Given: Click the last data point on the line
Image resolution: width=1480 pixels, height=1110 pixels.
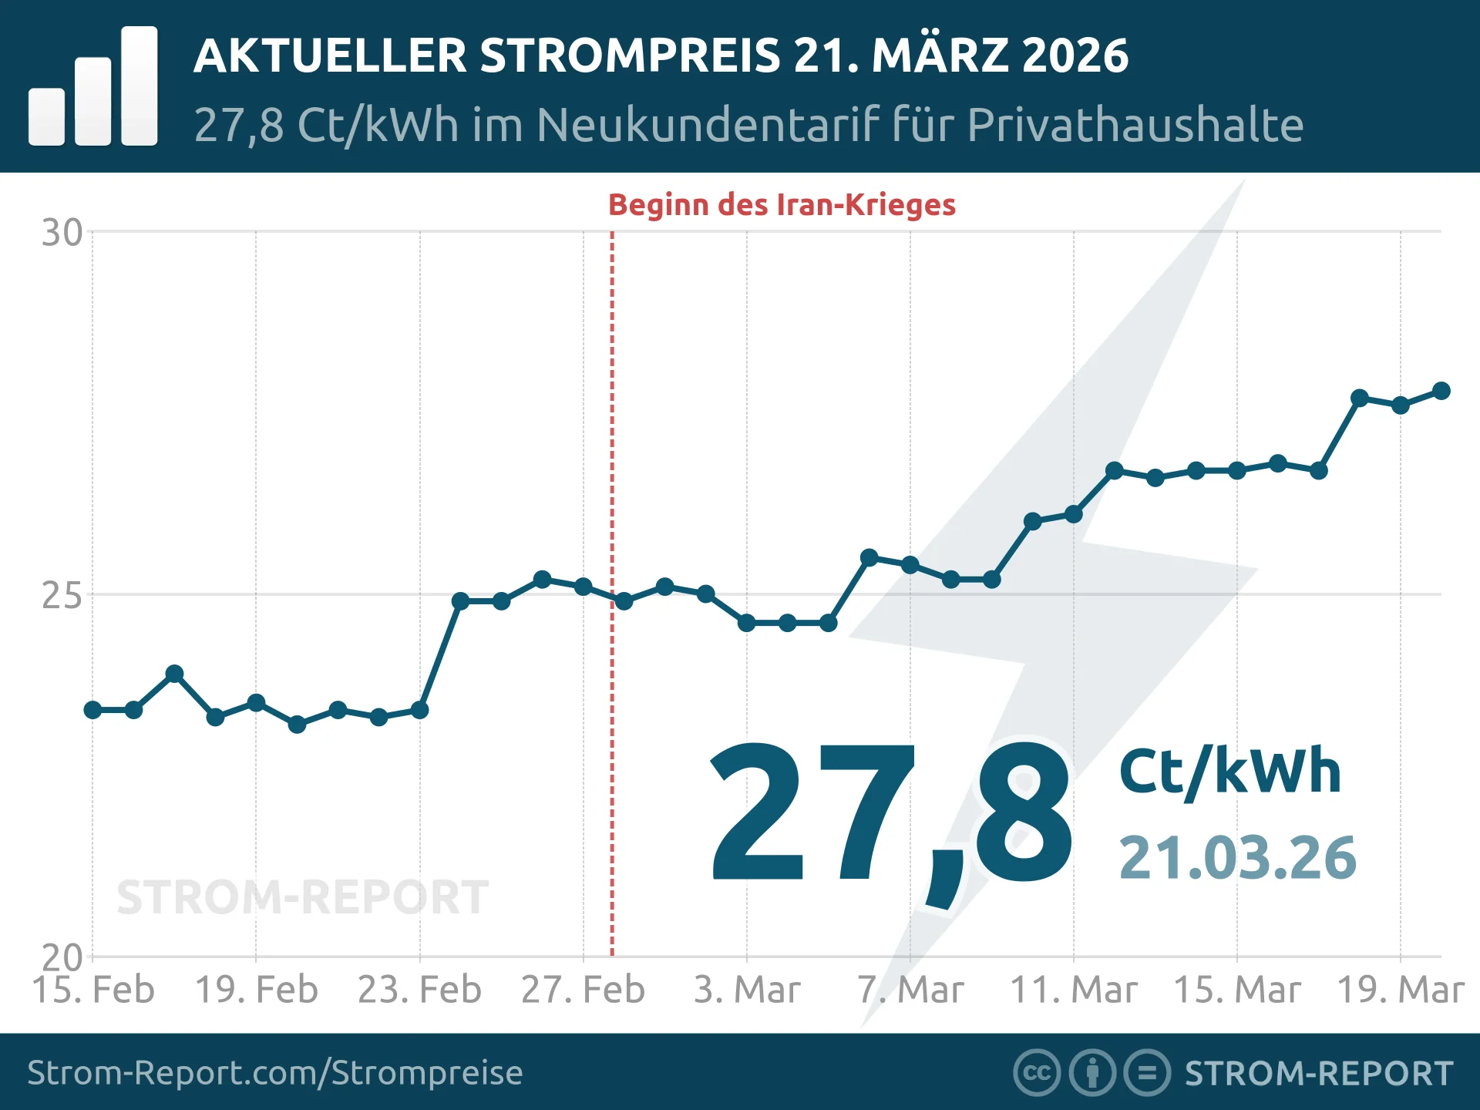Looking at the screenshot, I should tap(1441, 391).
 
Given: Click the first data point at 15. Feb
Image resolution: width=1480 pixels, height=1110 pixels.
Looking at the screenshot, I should tap(93, 710).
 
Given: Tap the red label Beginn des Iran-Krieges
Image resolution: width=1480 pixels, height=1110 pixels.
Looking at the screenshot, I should tap(782, 205).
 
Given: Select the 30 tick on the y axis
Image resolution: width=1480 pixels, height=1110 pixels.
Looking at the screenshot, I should tap(62, 233).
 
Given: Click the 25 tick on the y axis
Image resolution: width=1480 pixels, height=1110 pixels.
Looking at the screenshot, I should tap(62, 596).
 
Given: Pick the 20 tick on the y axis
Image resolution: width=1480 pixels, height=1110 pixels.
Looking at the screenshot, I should tap(62, 958).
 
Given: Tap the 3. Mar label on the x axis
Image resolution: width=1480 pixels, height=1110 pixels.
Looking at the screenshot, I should tap(747, 990).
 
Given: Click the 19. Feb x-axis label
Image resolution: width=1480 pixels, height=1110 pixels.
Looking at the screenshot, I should tap(256, 990).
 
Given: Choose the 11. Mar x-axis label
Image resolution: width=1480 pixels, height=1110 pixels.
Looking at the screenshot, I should tap(1074, 990).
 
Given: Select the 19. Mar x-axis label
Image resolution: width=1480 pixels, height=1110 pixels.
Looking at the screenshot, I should tap(1400, 990).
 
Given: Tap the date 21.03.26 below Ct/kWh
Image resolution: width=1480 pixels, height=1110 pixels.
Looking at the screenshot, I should tap(1237, 858).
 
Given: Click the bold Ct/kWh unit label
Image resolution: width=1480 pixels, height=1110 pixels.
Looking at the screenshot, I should tap(1230, 771).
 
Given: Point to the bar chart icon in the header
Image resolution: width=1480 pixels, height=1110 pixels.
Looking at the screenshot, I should tap(93, 87).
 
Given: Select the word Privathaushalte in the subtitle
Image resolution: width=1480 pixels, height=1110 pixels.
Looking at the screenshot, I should tap(1135, 125).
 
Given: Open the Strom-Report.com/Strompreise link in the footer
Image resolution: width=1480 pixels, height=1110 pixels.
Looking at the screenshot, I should tap(275, 1073).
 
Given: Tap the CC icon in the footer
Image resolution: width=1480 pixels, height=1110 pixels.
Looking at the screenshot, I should tap(1037, 1073).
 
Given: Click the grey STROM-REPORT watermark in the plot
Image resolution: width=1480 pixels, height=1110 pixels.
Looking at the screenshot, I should tap(302, 898).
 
